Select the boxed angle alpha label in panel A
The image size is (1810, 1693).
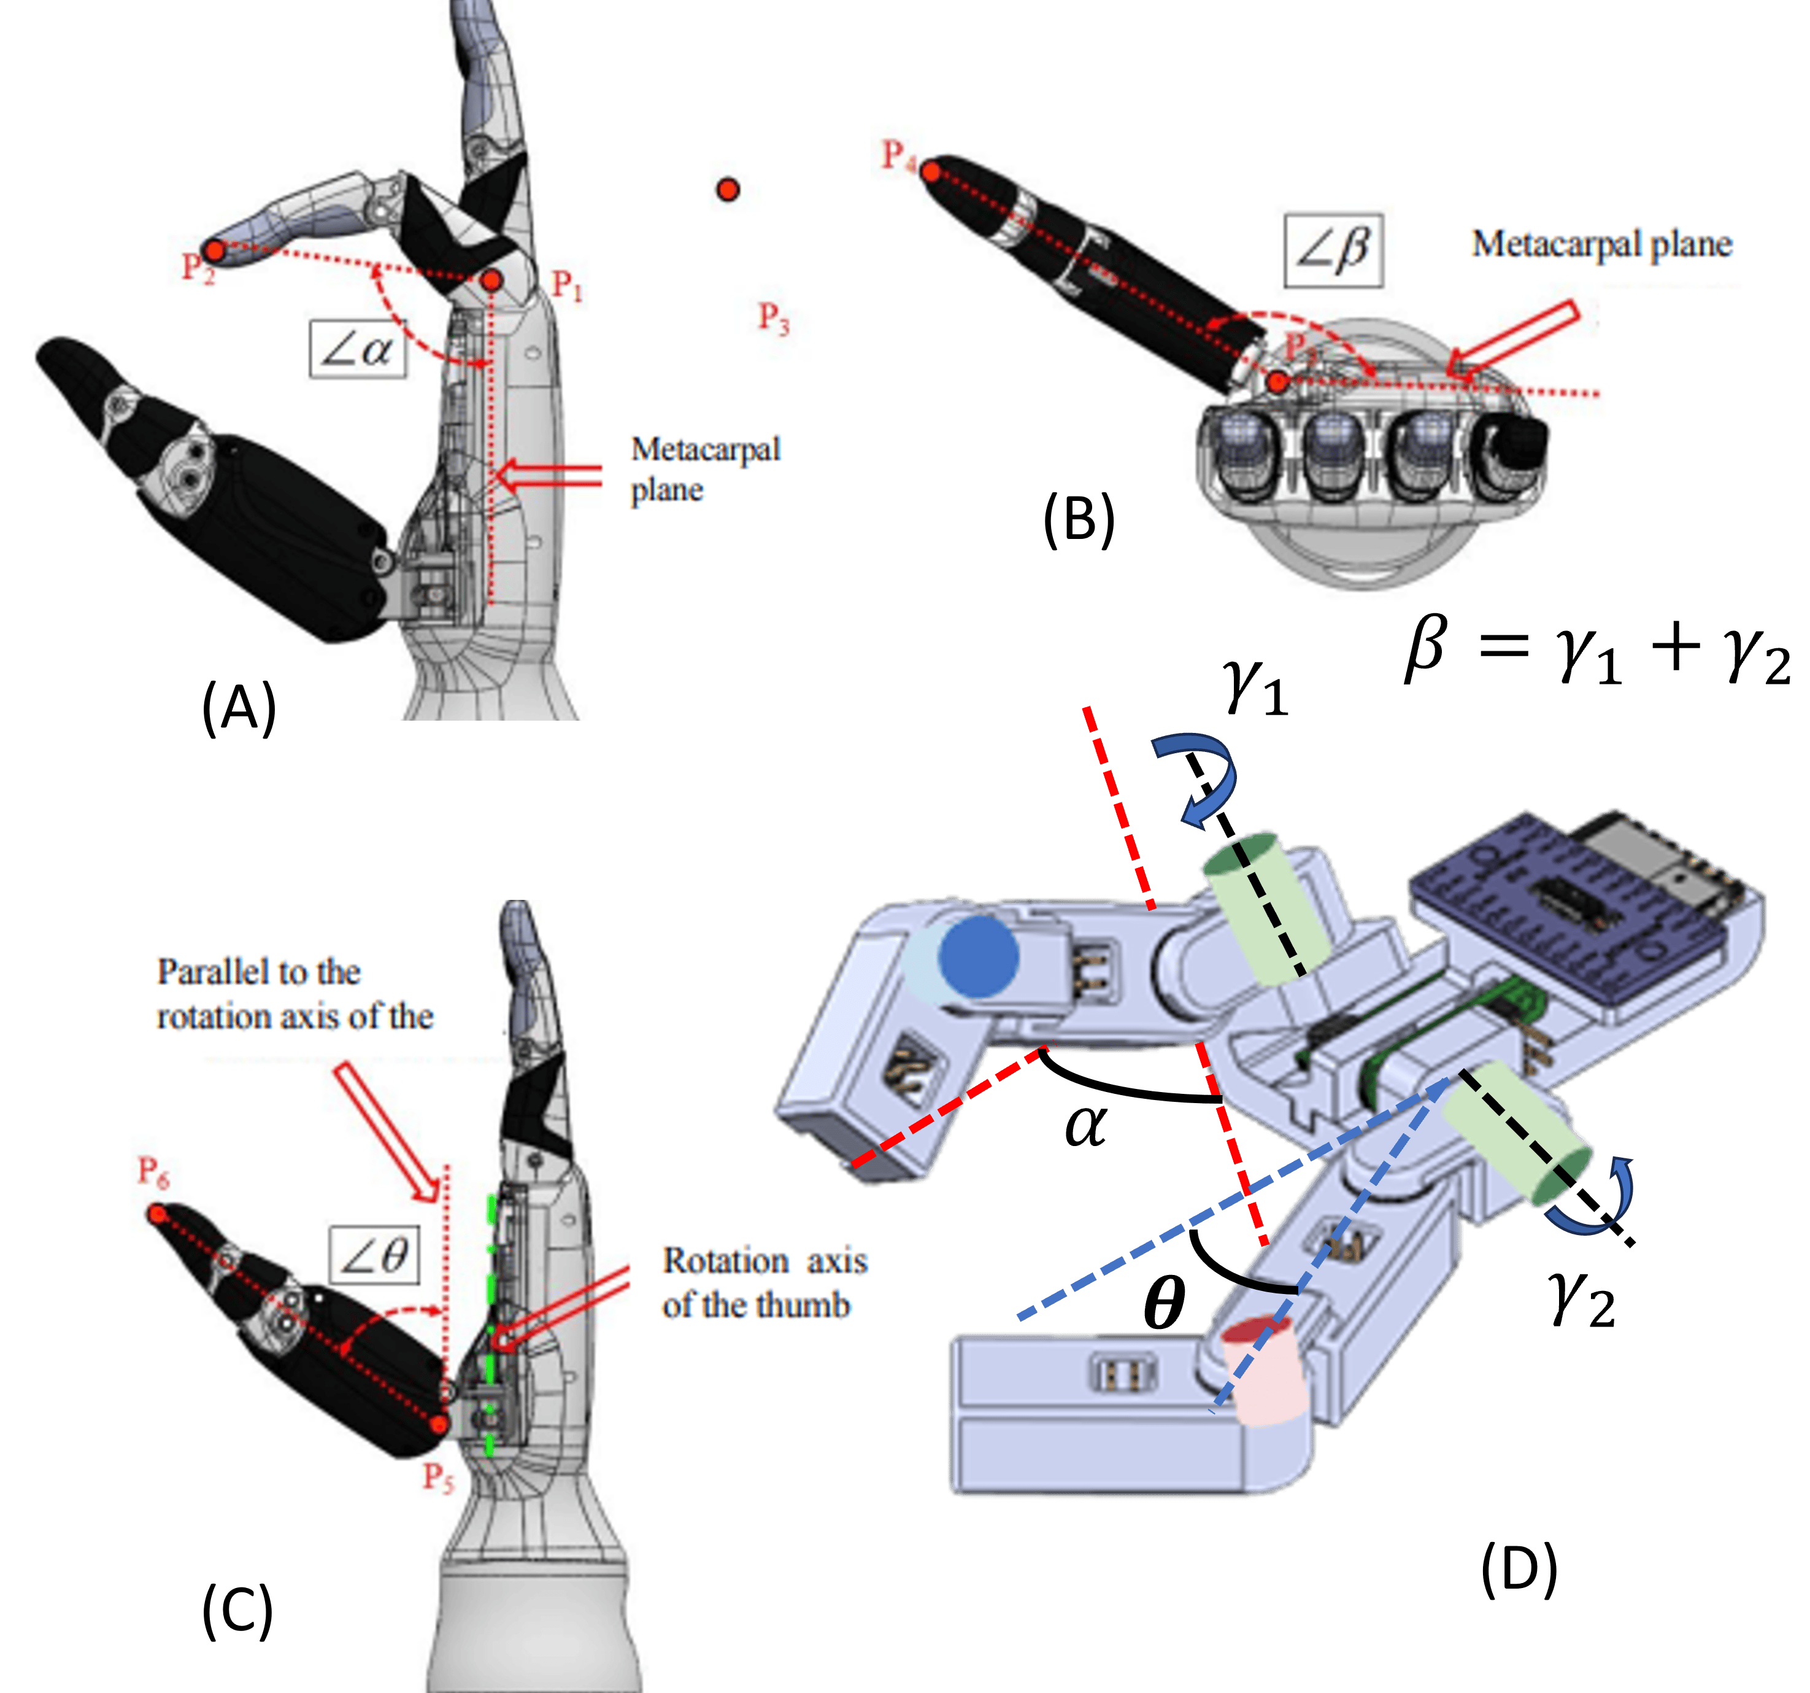[358, 349]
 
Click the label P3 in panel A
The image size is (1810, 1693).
[773, 318]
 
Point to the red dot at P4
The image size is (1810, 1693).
[931, 170]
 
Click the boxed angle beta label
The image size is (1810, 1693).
[1334, 250]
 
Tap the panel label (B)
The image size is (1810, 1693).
[1079, 519]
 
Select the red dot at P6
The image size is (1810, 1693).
[158, 1214]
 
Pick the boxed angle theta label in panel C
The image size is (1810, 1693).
[374, 1256]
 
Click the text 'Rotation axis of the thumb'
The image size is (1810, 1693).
[763, 1282]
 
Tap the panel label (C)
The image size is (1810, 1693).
[237, 1611]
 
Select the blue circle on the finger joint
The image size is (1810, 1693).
[978, 955]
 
